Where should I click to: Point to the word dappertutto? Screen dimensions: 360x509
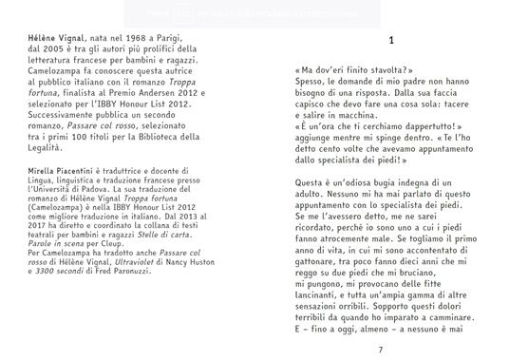click(x=414, y=123)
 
